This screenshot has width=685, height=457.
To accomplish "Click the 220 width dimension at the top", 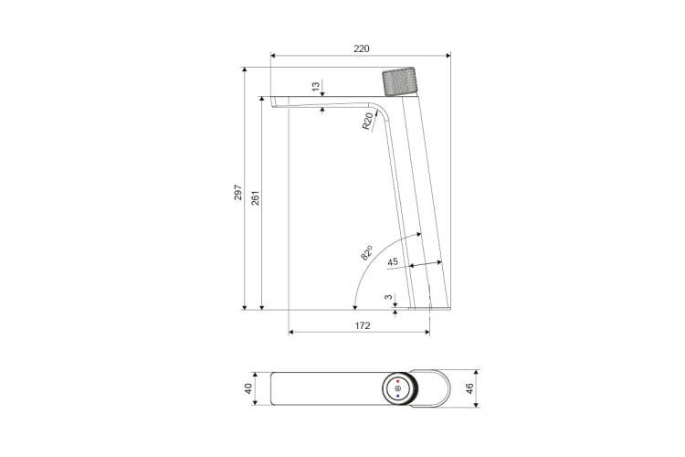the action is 362,48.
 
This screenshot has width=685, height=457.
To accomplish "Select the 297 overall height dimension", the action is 238,192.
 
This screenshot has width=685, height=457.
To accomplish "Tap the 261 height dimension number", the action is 256,197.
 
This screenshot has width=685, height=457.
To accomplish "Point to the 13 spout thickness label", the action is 316,86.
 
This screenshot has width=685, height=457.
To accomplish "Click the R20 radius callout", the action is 368,122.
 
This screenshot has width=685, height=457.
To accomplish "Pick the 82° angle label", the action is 367,253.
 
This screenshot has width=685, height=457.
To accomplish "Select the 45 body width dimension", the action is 393,261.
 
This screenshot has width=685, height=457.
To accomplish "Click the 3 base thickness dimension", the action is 388,297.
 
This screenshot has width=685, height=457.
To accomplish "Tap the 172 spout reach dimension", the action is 363,325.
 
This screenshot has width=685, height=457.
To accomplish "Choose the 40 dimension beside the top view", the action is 248,388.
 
